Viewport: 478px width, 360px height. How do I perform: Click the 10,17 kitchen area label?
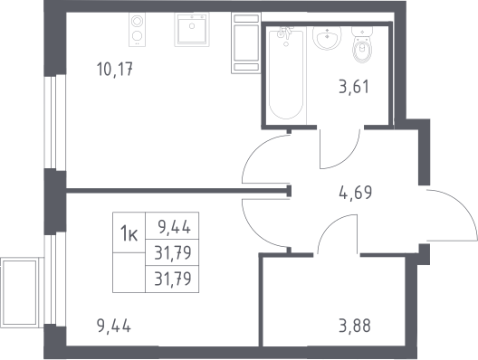point(115,69)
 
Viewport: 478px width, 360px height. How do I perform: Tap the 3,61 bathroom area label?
point(354,86)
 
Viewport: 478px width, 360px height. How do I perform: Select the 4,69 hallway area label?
point(356,193)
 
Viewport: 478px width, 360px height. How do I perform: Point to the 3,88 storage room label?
point(355,326)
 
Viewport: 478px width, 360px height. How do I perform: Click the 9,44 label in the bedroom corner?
point(114,326)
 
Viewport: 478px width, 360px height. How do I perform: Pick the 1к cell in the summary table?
point(129,232)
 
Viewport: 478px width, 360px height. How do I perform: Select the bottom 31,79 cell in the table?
point(173,279)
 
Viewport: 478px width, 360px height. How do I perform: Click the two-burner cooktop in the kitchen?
point(137,29)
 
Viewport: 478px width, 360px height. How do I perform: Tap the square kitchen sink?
point(192,30)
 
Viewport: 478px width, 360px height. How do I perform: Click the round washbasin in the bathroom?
point(327,37)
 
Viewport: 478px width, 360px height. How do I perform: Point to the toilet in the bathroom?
point(362,44)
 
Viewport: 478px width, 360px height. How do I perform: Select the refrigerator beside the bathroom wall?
point(245,43)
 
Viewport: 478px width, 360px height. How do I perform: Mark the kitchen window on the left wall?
point(55,122)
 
